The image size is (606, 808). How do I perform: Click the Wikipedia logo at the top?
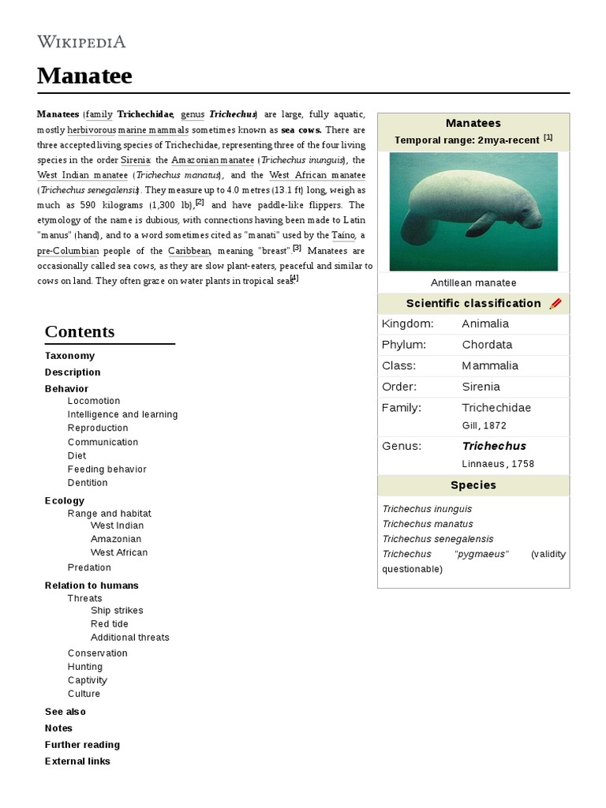[x=81, y=42]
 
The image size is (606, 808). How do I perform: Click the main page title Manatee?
[x=84, y=76]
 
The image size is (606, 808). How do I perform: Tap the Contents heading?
[x=80, y=331]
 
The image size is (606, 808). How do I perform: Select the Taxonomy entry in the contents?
[x=69, y=356]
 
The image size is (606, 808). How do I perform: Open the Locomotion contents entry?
[x=94, y=401]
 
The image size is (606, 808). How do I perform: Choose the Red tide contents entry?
[x=110, y=623]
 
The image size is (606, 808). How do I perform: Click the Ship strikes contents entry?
[x=117, y=610]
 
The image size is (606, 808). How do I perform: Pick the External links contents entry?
[x=77, y=761]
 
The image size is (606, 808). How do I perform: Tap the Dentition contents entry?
[x=88, y=482]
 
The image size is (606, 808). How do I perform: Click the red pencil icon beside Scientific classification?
[x=555, y=304]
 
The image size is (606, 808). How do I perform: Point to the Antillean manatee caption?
[x=473, y=282]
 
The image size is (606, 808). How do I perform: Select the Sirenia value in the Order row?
[x=481, y=387]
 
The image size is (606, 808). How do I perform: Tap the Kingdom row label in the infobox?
[x=407, y=324]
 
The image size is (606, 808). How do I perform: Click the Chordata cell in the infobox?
[x=487, y=345]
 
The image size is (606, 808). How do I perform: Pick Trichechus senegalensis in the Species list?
[x=438, y=539]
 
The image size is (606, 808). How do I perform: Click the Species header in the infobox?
[x=473, y=485]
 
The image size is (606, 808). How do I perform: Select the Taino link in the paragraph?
[x=343, y=235]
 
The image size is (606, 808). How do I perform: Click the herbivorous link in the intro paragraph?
[x=92, y=129]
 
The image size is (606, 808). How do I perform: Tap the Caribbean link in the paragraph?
[x=189, y=251]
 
